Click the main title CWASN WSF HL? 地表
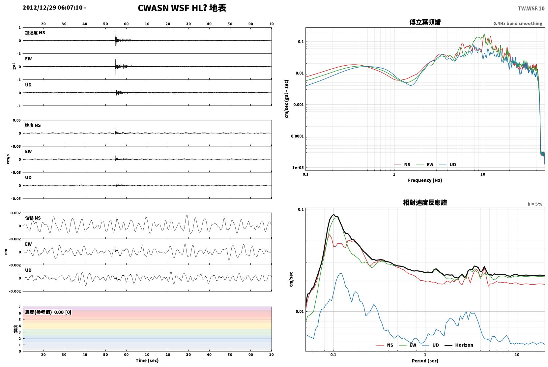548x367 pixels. point(182,8)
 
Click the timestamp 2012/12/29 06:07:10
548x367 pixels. point(53,8)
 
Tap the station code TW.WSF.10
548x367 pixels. point(532,9)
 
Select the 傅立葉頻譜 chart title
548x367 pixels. point(425,22)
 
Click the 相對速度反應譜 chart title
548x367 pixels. point(425,202)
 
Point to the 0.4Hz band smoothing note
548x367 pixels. point(518,23)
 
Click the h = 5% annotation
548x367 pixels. point(535,204)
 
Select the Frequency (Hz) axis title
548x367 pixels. point(425,180)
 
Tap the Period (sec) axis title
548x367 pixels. point(425,361)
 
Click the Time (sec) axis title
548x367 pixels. point(147,360)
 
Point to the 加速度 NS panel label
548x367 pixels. point(35,33)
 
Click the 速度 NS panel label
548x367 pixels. point(33,125)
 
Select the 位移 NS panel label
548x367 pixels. point(33,218)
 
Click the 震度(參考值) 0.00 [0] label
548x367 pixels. point(48,312)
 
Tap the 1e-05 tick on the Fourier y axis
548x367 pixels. point(298,168)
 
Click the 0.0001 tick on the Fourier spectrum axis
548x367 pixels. point(297,136)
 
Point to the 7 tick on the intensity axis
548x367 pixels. point(20,307)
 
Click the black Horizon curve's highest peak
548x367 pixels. point(333,214)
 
